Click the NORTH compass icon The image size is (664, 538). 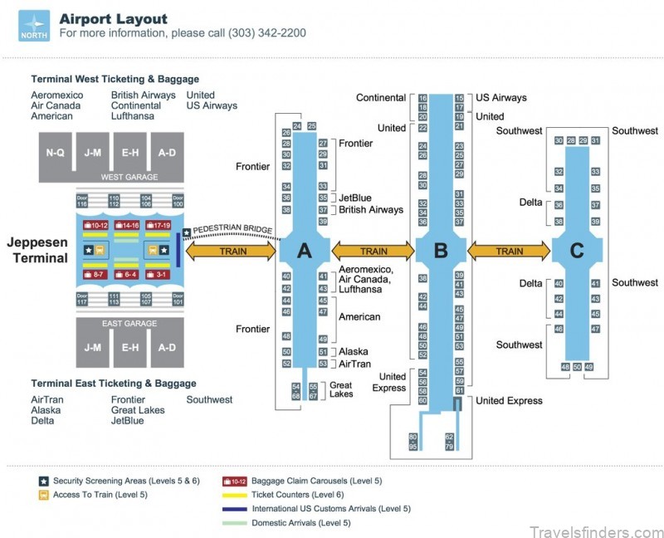[33, 25]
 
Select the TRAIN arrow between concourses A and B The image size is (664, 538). [373, 251]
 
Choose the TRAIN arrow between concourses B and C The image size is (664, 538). [509, 251]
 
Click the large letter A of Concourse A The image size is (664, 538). [304, 251]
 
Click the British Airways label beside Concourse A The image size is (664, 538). [371, 210]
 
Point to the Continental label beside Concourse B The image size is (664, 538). [381, 98]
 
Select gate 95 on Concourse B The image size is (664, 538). [413, 447]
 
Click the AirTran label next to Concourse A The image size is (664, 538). [354, 364]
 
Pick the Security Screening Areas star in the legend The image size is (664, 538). [43, 481]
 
